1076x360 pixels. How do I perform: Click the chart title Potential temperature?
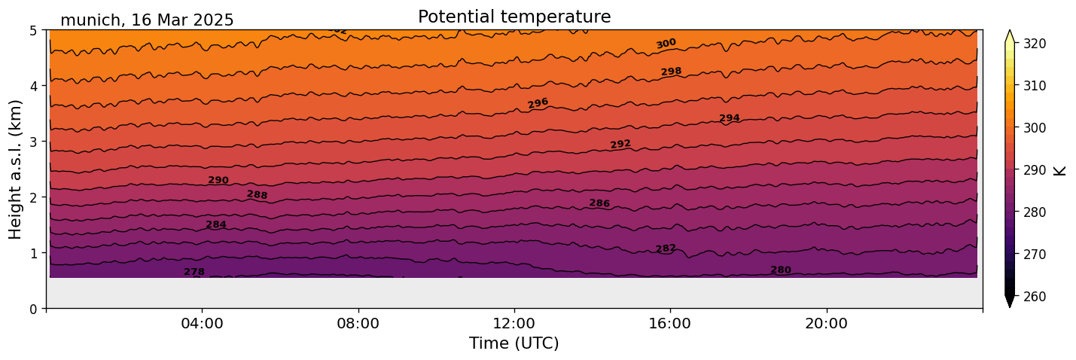(x=514, y=17)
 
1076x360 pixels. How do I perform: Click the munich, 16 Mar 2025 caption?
(x=147, y=20)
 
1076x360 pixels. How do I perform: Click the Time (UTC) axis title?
(x=514, y=344)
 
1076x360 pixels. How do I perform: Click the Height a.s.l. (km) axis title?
(x=16, y=169)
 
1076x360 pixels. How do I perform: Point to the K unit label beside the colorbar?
(x=1060, y=170)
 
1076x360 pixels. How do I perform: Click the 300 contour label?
(x=666, y=44)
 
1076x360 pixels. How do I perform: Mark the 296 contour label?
(x=538, y=103)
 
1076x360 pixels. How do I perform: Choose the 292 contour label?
(x=620, y=144)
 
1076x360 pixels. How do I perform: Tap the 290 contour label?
(x=218, y=180)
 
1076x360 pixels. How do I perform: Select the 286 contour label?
(x=599, y=203)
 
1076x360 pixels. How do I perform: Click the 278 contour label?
(x=194, y=272)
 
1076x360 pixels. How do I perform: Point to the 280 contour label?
(x=781, y=270)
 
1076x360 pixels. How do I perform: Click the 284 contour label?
(x=216, y=224)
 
